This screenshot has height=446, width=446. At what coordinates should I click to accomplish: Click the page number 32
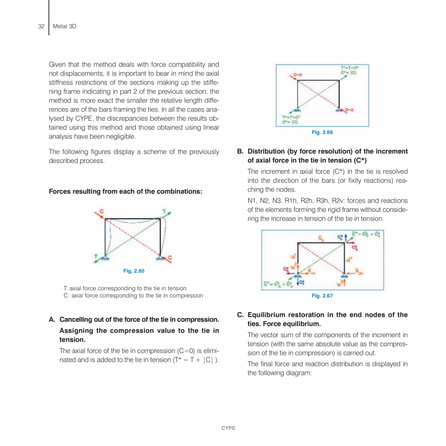pyautogui.click(x=41, y=26)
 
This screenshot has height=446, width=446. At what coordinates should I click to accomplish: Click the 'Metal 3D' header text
pyautogui.click(x=64, y=26)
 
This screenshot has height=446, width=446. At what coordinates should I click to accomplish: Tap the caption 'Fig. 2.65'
pyautogui.click(x=134, y=271)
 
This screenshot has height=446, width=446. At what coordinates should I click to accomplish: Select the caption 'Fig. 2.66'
pyautogui.click(x=322, y=132)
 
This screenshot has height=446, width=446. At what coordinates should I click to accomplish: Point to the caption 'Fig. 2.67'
pyautogui.click(x=322, y=296)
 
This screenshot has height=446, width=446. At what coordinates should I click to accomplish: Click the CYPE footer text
pyautogui.click(x=228, y=428)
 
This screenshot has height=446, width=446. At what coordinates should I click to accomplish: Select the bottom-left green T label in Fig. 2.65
pyautogui.click(x=96, y=256)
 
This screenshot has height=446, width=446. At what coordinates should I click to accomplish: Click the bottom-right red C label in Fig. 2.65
pyautogui.click(x=170, y=257)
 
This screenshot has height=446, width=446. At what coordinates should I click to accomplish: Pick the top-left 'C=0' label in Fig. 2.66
pyautogui.click(x=298, y=75)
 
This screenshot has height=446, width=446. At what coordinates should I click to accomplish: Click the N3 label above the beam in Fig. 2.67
pyautogui.click(x=320, y=238)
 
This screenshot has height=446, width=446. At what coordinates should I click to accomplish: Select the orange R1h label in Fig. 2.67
pyautogui.click(x=313, y=272)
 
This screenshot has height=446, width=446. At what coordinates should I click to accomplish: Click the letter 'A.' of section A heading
pyautogui.click(x=52, y=319)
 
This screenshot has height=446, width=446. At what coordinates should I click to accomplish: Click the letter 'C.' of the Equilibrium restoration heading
pyautogui.click(x=240, y=315)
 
